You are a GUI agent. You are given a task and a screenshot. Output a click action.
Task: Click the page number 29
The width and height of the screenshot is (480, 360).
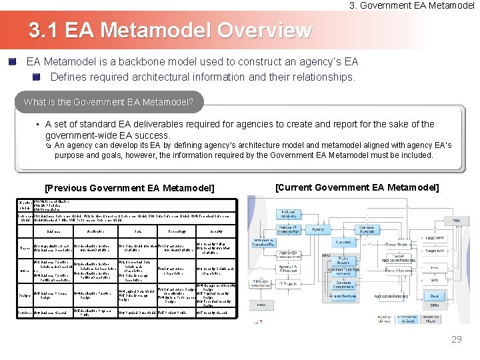point(456,340)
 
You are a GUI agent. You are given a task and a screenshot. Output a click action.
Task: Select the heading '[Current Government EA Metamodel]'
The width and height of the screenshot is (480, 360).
point(357,187)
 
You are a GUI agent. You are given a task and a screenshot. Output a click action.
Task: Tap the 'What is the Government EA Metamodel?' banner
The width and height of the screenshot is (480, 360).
point(109,103)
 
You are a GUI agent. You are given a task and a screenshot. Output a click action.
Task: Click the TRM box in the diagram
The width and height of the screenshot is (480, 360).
point(456,220)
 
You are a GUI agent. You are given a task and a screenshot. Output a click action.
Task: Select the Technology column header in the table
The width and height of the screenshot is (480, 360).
point(176,232)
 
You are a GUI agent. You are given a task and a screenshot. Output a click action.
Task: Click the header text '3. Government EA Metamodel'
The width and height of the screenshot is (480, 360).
point(412,5)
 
